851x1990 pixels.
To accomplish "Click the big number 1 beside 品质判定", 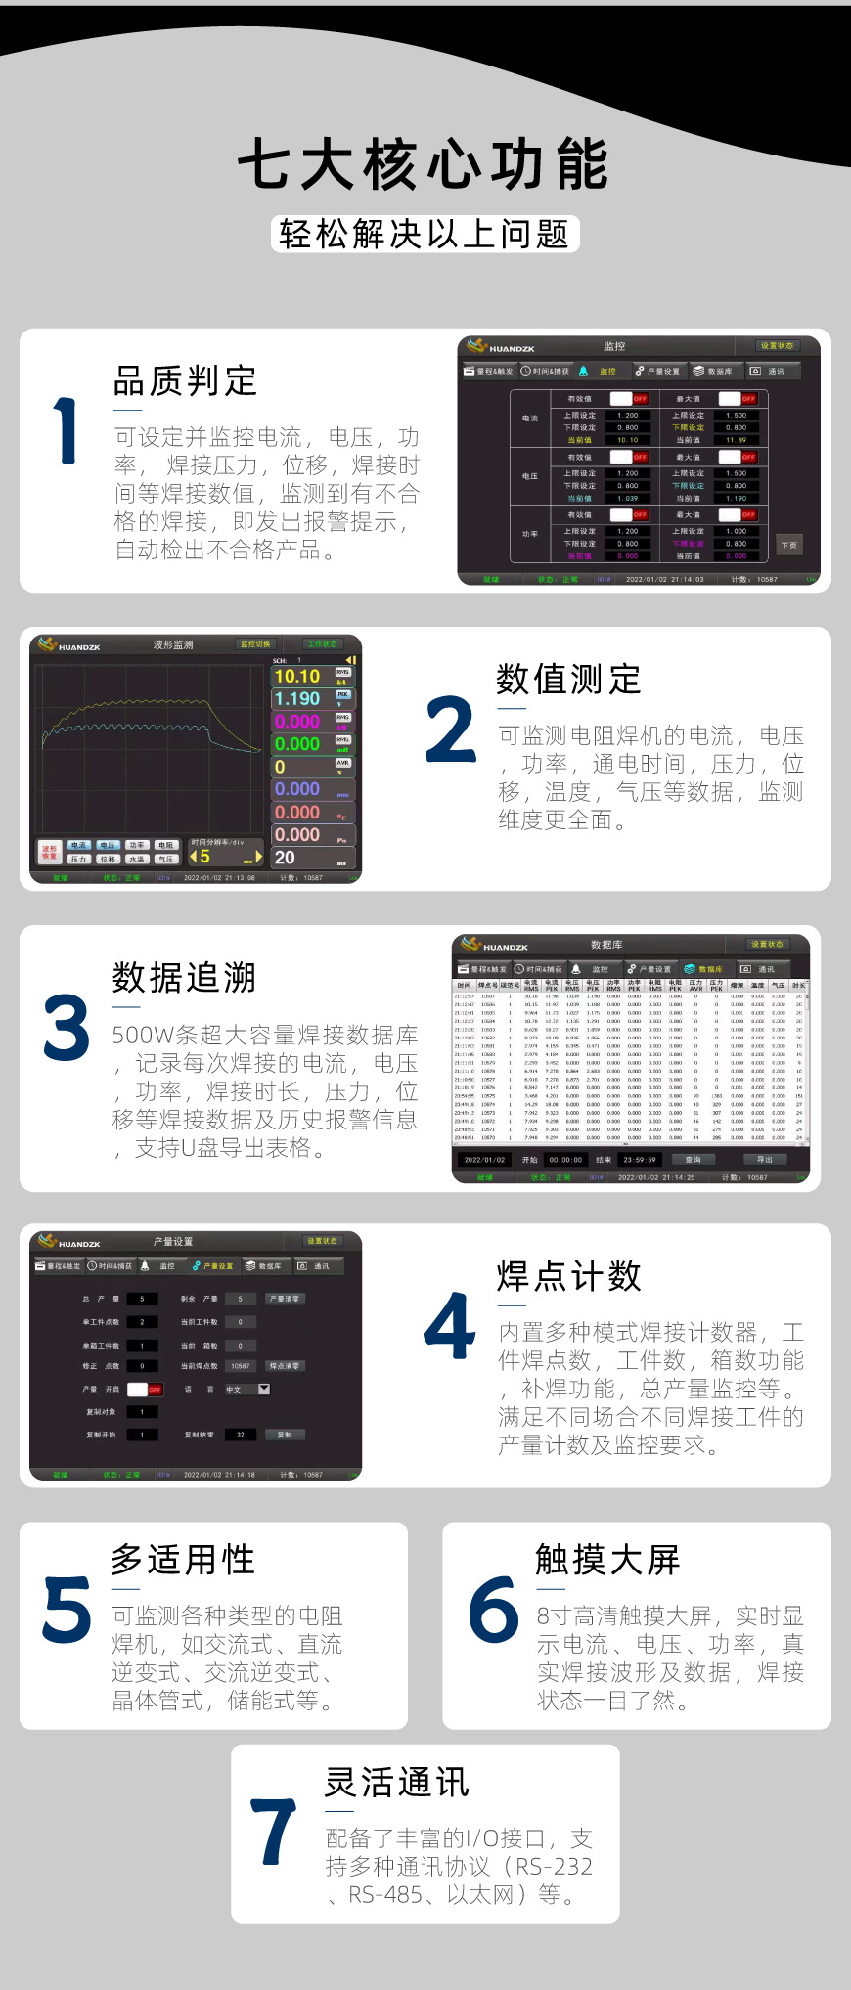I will point(66,430).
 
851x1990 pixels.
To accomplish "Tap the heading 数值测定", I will point(568,679).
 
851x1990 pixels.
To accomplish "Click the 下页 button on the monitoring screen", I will point(788,545).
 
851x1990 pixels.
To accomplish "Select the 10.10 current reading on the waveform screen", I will point(297,676).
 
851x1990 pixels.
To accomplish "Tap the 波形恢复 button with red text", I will point(49,853).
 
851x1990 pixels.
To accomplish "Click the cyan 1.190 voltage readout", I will point(297,698).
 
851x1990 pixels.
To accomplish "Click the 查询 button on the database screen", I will point(693,1159).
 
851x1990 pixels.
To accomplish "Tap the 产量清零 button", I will point(285,1299).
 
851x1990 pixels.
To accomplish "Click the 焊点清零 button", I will point(284,1365).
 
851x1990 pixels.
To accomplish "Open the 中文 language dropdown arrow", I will point(264,1389).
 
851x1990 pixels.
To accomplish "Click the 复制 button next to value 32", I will point(285,1435).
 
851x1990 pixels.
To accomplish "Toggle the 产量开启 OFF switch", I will point(145,1389).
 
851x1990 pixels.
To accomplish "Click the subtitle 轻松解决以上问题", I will point(425,234).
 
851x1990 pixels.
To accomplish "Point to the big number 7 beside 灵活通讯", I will point(274,1831).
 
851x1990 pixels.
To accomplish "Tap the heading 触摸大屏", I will point(607,1559).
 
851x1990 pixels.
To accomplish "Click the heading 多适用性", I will point(183,1559).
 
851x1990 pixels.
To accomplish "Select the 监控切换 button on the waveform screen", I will point(256,643).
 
